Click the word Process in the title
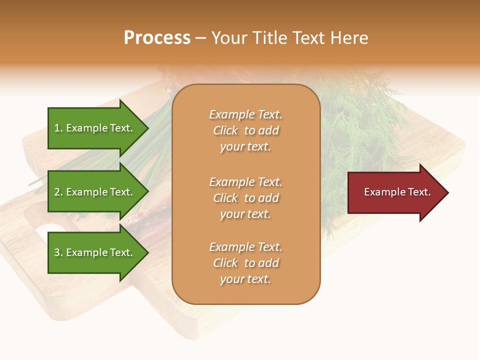(157, 38)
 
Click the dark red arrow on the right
(395, 192)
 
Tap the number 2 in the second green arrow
(57, 192)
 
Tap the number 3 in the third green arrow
(57, 252)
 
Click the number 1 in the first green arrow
(57, 128)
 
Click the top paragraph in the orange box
(245, 130)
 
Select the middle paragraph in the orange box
(245, 198)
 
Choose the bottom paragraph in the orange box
(245, 263)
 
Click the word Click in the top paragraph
(225, 130)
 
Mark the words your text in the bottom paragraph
(245, 279)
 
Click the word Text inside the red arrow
(419, 192)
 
